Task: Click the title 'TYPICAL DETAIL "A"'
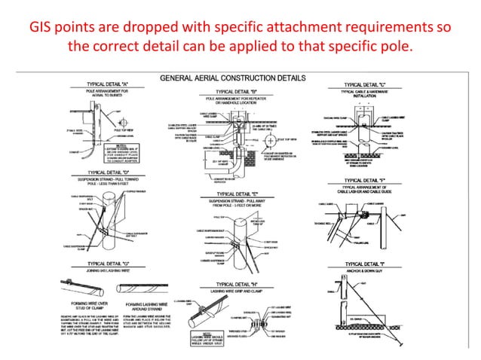[x=99, y=84]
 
